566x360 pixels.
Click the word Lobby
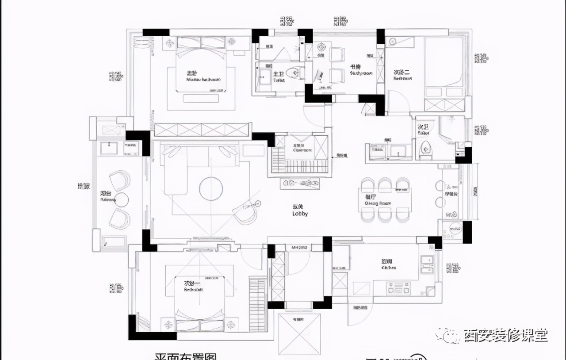click(x=300, y=214)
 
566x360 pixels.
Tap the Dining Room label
click(x=378, y=203)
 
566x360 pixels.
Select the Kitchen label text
click(x=389, y=267)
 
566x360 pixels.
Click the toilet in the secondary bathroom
click(x=425, y=148)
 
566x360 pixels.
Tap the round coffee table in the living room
click(x=210, y=189)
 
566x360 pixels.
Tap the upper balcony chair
click(x=119, y=180)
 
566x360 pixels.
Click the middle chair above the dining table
click(x=385, y=184)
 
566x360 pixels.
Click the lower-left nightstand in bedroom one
click(x=168, y=325)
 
